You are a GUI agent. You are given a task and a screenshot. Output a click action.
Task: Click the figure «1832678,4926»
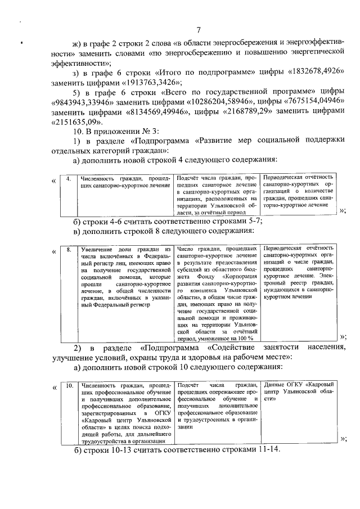click(x=314, y=75)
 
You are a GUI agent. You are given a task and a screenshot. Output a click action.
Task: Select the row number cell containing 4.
click(x=67, y=179)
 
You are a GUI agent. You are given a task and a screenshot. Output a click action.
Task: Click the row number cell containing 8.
click(x=67, y=248)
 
